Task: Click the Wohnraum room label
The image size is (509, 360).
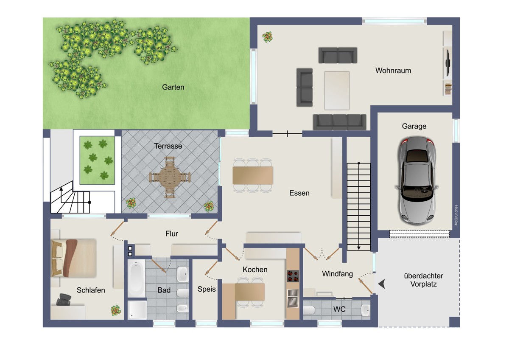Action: pyautogui.click(x=393, y=70)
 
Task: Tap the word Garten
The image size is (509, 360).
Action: pyautogui.click(x=173, y=87)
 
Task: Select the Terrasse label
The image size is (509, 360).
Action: pyautogui.click(x=168, y=146)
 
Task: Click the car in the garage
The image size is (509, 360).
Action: pyautogui.click(x=417, y=181)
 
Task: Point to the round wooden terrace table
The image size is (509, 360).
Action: pyautogui.click(x=170, y=177)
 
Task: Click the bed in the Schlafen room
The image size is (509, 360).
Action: pyautogui.click(x=74, y=258)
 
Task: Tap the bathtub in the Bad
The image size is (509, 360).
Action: pyautogui.click(x=136, y=278)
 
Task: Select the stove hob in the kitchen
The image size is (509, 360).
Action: pyautogui.click(x=293, y=276)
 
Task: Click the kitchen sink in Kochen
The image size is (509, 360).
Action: pyautogui.click(x=293, y=298)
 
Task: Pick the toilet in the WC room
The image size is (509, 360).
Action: pyautogui.click(x=309, y=310)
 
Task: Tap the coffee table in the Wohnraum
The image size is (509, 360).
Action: pyautogui.click(x=337, y=90)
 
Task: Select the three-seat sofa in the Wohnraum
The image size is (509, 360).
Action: pyautogui.click(x=339, y=122)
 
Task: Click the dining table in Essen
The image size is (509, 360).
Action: pyautogui.click(x=253, y=175)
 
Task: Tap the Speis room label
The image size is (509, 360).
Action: pyautogui.click(x=206, y=289)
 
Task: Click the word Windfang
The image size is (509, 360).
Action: pyautogui.click(x=337, y=274)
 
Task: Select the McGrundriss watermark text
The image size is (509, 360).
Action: pyautogui.click(x=456, y=215)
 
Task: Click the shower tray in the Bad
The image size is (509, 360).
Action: pyautogui.click(x=137, y=310)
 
